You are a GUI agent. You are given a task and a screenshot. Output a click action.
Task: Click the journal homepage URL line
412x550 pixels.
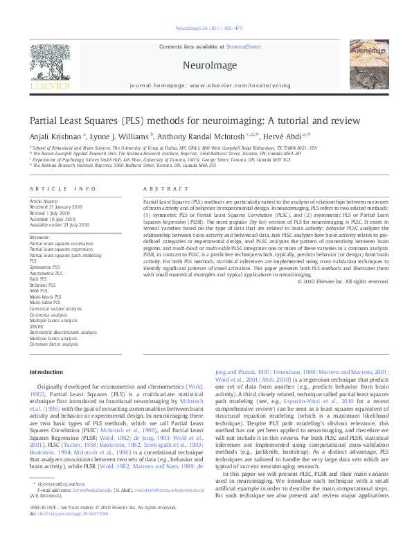[205, 87]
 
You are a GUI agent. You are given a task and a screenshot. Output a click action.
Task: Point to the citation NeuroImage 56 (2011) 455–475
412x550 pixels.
[206, 28]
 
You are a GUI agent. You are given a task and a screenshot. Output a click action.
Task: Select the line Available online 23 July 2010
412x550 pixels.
[60, 225]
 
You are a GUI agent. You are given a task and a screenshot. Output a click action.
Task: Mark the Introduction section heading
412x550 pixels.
[46, 373]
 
